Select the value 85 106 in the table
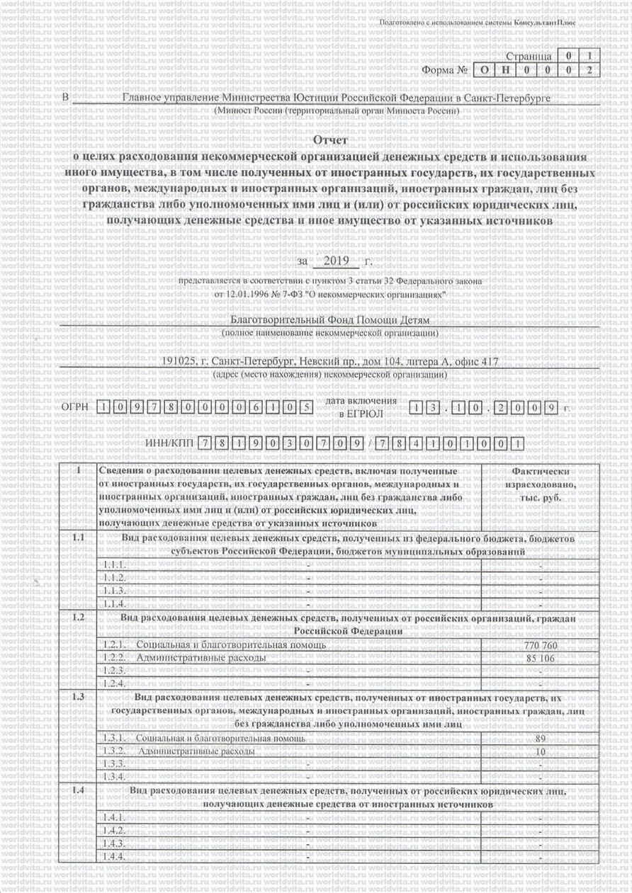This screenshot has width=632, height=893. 541,658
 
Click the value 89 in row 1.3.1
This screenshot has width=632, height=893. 541,739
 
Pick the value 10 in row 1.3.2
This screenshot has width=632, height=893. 541,751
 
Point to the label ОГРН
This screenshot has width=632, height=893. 75,407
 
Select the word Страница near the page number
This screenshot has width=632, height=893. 529,56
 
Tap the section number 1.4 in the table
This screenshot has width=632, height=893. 79,789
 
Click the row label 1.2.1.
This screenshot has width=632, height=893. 114,645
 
